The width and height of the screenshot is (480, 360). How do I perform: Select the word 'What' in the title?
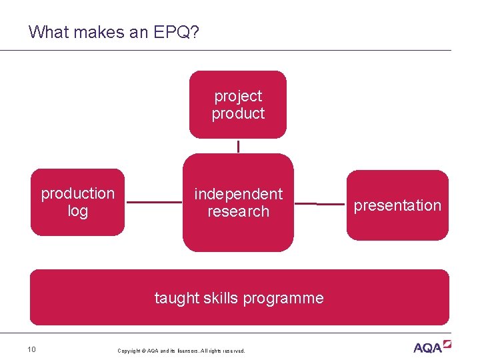[x=47, y=32]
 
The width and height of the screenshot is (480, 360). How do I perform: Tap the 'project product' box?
[x=238, y=105]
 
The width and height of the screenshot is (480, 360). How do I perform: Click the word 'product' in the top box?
[x=238, y=114]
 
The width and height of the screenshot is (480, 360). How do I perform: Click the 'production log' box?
[x=78, y=202]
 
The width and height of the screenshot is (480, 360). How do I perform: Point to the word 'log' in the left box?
[x=78, y=211]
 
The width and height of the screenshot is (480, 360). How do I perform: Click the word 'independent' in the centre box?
[x=238, y=194]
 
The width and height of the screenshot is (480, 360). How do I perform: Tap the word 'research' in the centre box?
[x=238, y=211]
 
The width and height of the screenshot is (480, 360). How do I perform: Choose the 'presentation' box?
[x=397, y=205]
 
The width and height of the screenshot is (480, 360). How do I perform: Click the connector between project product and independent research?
[x=238, y=146]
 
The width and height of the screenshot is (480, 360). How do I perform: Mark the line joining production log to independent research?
[x=153, y=202]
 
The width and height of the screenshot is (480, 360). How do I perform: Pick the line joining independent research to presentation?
[x=320, y=204]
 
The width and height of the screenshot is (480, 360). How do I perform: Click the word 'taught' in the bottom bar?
[x=175, y=298]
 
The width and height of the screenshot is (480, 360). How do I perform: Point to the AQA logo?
[x=432, y=347]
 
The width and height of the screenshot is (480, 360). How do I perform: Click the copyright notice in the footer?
[x=181, y=351]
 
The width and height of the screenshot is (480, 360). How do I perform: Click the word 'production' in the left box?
[x=78, y=193]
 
